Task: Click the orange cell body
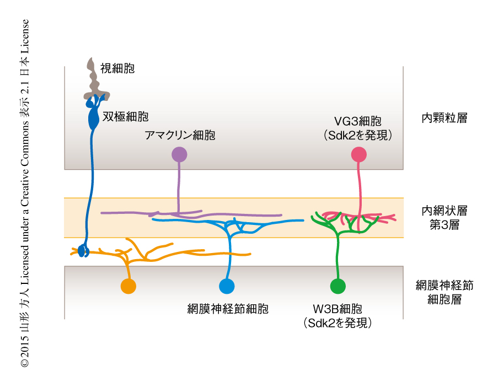128,286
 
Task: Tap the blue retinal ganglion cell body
227,286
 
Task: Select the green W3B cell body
337,286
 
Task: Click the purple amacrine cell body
179,155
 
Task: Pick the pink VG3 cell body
359,155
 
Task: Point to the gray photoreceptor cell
93,80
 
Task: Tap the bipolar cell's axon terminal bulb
83,251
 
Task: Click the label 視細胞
117,68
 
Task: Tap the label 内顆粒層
444,118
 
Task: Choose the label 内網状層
444,211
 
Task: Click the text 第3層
444,225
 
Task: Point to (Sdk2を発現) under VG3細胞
358,135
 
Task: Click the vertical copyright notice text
25,193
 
